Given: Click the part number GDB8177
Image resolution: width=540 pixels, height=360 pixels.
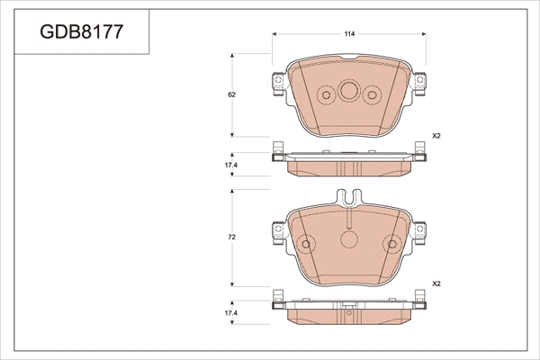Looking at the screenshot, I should [82, 34].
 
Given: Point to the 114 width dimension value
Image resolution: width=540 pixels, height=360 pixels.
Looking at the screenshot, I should [349, 34].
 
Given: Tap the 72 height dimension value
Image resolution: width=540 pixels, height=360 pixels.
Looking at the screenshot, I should [232, 237].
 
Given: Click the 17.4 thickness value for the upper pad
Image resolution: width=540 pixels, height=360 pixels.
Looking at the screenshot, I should [231, 166].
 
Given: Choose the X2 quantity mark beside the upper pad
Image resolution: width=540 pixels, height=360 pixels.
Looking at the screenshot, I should [436, 136].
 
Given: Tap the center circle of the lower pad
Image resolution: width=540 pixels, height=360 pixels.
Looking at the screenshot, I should [348, 238].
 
